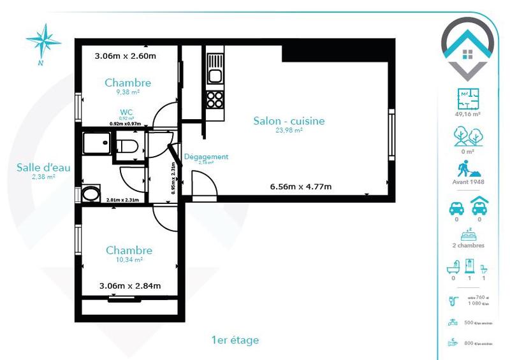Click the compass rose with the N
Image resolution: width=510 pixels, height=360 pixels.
tap(43, 41)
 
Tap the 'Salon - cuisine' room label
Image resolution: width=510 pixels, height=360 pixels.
tap(289, 120)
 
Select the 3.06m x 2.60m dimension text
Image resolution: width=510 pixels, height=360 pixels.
tap(126, 55)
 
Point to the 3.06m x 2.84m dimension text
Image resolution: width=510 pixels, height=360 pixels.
tap(130, 285)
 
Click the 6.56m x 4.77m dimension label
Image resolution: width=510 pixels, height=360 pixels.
tap(301, 187)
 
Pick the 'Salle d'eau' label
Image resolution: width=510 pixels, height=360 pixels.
tap(43, 168)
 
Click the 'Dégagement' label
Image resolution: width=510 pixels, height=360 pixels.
tap(206, 157)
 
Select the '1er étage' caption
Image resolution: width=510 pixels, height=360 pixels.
tap(235, 340)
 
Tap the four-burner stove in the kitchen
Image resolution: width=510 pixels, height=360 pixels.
tap(215, 99)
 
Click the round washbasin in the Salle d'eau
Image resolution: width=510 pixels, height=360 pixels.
tap(91, 193)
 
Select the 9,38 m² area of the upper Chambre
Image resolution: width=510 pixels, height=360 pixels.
tap(127, 92)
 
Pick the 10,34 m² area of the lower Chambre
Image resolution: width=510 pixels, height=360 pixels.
tap(129, 260)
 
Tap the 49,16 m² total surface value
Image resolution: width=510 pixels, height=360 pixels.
tap(467, 115)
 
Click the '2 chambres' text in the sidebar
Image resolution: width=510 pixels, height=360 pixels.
tap(467, 245)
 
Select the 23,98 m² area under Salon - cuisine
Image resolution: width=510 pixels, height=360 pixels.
tap(288, 130)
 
